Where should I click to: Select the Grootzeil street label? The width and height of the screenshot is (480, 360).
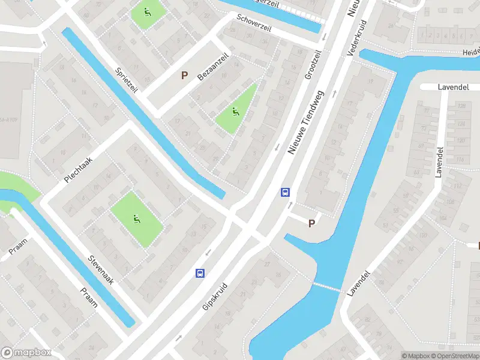(x=313, y=65)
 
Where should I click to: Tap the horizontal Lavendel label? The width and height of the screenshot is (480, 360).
(x=453, y=87)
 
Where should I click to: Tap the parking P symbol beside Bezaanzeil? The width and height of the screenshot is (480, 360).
(x=185, y=76)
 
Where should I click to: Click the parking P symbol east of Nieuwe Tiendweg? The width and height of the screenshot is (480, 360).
(x=311, y=223)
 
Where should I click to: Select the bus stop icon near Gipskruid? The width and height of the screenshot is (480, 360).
(x=200, y=274)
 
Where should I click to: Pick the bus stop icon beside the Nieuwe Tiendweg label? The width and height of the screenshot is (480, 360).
(x=286, y=193)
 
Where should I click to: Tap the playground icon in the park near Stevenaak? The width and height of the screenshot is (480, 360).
(x=136, y=219)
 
